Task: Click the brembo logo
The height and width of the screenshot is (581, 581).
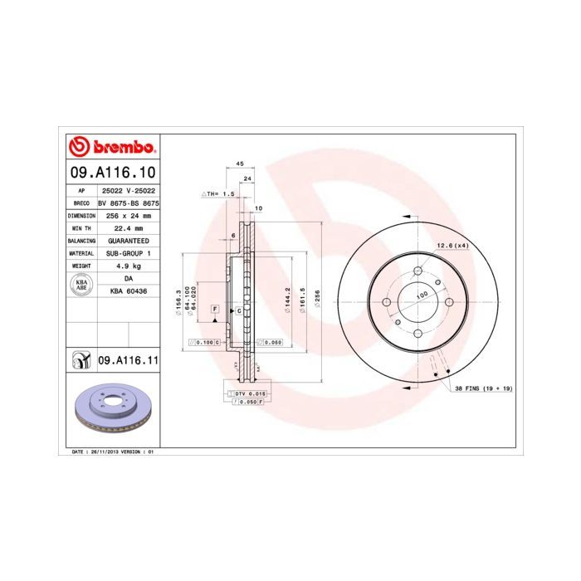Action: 111,148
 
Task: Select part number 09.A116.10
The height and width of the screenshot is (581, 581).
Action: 111,173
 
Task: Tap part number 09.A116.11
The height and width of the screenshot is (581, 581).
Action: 128,360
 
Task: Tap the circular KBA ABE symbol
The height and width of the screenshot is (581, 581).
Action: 81,285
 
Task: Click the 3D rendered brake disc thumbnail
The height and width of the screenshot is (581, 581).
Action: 111,412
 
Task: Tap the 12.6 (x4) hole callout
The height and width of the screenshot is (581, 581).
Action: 452,245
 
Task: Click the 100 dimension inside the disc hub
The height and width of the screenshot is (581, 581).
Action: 422,295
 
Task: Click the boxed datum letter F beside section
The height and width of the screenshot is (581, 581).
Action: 214,309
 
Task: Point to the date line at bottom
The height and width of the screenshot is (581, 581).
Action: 109,452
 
